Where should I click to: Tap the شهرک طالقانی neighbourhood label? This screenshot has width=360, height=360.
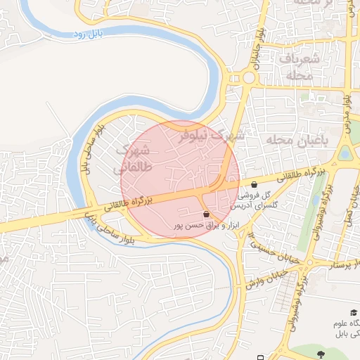pos(131,158)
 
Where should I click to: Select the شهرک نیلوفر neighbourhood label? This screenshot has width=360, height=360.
pos(210,134)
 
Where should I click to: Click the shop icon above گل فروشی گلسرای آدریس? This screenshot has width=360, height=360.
pos(253,185)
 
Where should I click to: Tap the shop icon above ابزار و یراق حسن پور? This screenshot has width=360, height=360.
pos(206,214)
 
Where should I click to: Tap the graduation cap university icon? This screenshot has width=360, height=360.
pos(353,312)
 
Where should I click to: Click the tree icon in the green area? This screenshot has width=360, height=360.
pos(321,354)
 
